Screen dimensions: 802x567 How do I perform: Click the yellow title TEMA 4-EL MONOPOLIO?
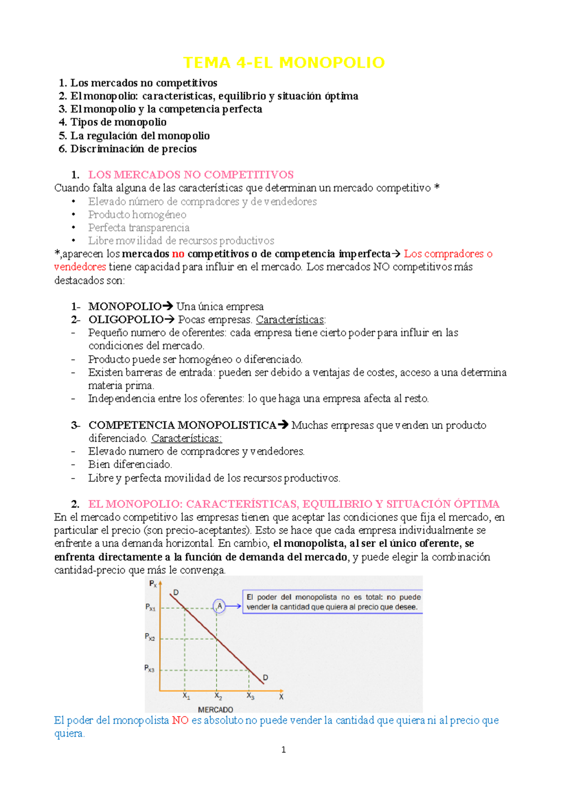pyautogui.click(x=283, y=62)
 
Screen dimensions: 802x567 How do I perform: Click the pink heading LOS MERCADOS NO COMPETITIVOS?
pyautogui.click(x=191, y=175)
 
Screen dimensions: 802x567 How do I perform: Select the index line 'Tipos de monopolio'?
pyautogui.click(x=118, y=122)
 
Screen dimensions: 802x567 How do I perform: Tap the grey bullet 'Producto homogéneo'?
pyautogui.click(x=137, y=214)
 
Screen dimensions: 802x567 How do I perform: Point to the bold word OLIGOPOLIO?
pyautogui.click(x=126, y=320)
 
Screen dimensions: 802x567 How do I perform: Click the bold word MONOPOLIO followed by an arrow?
pyautogui.click(x=125, y=307)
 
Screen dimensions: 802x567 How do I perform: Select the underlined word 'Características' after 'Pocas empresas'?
pyautogui.click(x=290, y=320)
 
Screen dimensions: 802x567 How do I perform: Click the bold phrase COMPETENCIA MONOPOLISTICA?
pyautogui.click(x=182, y=425)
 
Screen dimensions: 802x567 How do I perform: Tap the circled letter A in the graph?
pyautogui.click(x=219, y=606)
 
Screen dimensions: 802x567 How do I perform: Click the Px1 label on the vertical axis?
pyautogui.click(x=150, y=607)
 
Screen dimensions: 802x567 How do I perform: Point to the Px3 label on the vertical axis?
pyautogui.click(x=149, y=669)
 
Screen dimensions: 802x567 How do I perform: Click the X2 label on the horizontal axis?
pyautogui.click(x=218, y=696)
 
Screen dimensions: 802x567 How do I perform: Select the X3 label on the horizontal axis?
pyautogui.click(x=250, y=696)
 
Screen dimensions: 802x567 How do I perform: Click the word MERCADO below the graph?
pyautogui.click(x=215, y=709)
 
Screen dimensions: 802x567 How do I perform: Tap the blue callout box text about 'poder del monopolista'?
pyautogui.click(x=333, y=602)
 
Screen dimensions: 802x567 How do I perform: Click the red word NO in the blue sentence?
pyautogui.click(x=180, y=721)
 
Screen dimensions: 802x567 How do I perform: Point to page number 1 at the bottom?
pyautogui.click(x=283, y=750)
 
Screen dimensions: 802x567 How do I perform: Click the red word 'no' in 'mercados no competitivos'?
pyautogui.click(x=178, y=254)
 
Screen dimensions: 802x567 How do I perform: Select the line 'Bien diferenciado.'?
pyautogui.click(x=130, y=464)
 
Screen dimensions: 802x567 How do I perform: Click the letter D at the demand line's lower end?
pyautogui.click(x=266, y=677)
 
